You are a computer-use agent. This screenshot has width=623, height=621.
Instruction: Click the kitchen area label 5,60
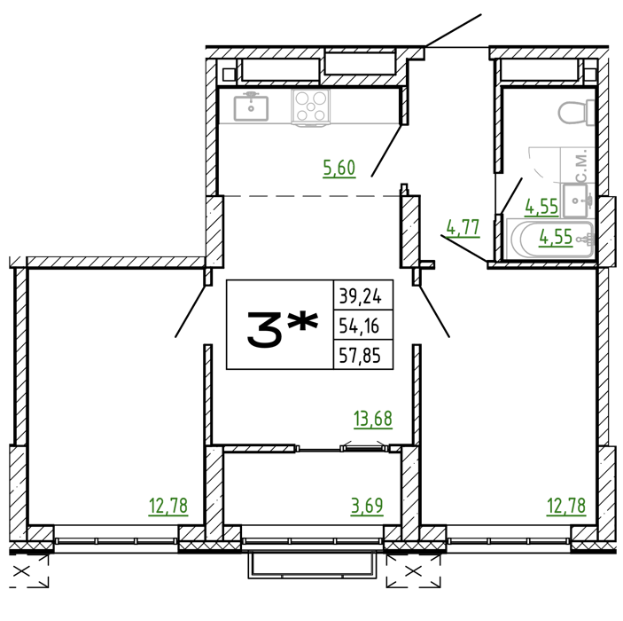point(339,169)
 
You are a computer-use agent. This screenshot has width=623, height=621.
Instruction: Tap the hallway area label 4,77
point(463,228)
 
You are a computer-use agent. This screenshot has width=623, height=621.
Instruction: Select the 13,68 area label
point(373,420)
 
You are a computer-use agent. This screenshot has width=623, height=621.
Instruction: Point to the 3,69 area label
point(367,506)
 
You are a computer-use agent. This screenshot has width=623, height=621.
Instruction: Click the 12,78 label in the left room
point(168,506)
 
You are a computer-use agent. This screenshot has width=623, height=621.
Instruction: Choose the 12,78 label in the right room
point(566,506)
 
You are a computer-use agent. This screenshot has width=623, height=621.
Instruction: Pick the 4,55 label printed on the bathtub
point(556,237)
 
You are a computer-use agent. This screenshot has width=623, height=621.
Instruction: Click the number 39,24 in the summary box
point(360,296)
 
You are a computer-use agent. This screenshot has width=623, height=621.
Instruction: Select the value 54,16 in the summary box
point(359,326)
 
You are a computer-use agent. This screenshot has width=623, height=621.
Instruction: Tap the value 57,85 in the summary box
point(360,356)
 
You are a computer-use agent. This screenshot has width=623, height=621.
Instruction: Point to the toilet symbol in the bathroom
point(576,113)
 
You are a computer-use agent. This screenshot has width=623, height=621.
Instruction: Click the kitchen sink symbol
point(251,106)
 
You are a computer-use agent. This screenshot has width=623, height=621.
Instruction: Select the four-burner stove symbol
point(310,106)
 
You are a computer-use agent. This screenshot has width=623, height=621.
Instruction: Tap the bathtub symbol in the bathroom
point(550,240)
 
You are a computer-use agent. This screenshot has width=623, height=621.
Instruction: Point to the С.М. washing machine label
point(580,166)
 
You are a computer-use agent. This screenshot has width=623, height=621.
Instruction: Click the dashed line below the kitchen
point(312,196)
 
